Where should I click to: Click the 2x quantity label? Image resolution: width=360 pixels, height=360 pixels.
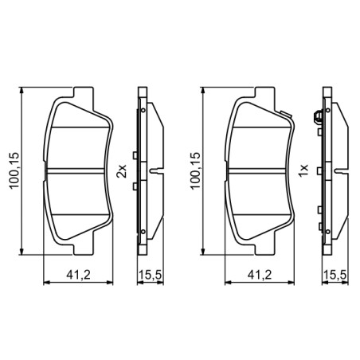coord(122,170)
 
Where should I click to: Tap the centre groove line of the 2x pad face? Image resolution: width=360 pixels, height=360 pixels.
coord(77,170)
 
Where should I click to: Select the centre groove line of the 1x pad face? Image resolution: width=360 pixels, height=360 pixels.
coord(260,170)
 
